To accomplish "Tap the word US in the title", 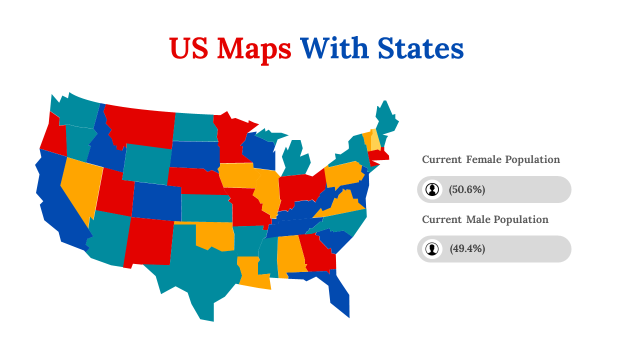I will click(x=189, y=49).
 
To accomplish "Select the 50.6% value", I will click(x=467, y=189).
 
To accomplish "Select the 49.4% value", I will click(x=467, y=249).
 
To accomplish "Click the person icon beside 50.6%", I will click(x=432, y=189).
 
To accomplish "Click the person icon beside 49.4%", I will click(x=432, y=249).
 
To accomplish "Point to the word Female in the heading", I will click(x=483, y=159).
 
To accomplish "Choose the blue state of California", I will click(x=55, y=200).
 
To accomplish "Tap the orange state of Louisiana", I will click(x=252, y=275).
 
